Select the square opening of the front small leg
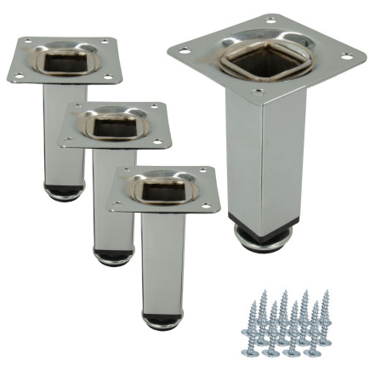click(x=164, y=184)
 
